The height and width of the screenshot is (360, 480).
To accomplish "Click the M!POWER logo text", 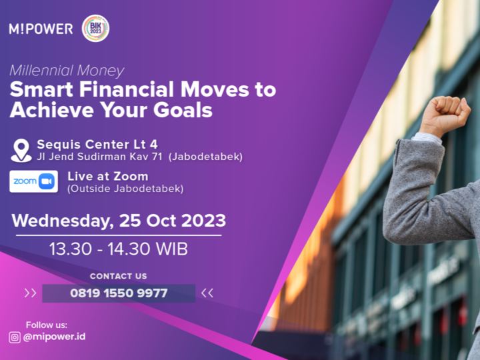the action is point(41,29).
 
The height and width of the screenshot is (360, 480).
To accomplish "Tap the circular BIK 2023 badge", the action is point(95,28).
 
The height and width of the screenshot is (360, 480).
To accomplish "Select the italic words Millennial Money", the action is point(67,71).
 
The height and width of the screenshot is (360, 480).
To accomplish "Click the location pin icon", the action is point(21,150).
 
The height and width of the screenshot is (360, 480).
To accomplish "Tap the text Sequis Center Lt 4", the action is point(97,144).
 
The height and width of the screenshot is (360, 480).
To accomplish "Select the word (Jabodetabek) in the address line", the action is point(205,157).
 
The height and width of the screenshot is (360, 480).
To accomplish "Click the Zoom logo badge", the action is point(34,181).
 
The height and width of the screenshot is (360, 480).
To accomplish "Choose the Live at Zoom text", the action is point(108,176).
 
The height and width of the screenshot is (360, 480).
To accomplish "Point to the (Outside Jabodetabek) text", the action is point(125,188).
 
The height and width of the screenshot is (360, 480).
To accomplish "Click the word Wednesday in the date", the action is point(61,221).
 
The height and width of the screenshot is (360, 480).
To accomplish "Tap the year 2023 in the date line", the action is point(203,221).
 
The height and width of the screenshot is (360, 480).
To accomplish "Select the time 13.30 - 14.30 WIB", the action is point(119,249).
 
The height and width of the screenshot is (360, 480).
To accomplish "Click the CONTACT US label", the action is point(119,276).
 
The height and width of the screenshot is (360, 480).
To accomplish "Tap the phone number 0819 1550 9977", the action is point(119,293).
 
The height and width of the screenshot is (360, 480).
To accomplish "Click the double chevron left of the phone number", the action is point(30,293).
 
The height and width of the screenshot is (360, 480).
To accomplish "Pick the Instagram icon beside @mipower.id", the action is point(15,337).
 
